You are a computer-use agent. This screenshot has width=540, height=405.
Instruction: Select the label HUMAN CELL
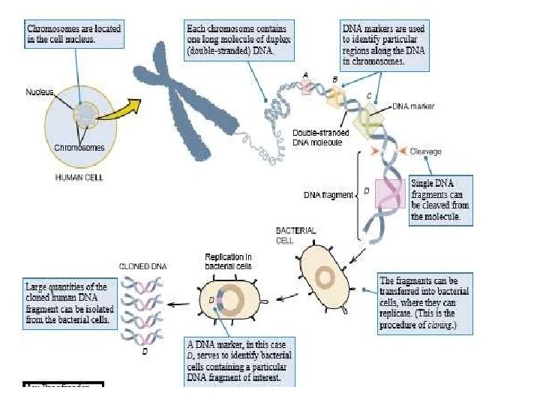coord(79,178)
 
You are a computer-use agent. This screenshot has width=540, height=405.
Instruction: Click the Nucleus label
coord(40,91)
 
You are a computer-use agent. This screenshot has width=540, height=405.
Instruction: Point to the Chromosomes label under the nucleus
coord(79,147)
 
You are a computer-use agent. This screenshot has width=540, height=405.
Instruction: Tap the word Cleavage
coord(425,151)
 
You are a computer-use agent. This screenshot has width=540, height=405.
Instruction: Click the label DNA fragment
coord(328,195)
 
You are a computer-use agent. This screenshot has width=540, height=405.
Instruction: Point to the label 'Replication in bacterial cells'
coord(229,261)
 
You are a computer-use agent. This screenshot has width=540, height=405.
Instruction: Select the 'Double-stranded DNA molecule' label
coord(317,137)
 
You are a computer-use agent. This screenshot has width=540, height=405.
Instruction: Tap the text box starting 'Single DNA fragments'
coord(443,200)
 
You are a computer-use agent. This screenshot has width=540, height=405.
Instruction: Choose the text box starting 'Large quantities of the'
coord(67,303)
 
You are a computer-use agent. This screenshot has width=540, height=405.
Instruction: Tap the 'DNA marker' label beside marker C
coord(413,106)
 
